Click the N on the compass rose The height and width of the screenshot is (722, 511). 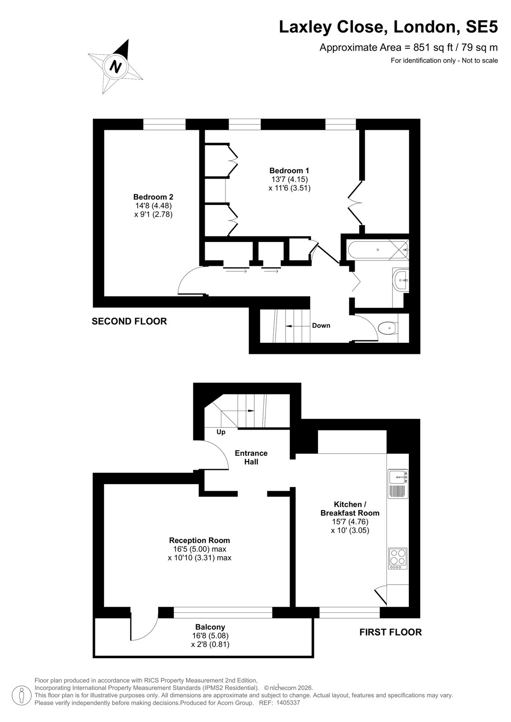click(x=115, y=66)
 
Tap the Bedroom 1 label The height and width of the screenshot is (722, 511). click(x=289, y=171)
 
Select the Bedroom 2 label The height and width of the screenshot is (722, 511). click(x=153, y=197)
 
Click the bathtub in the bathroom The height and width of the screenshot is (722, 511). click(x=378, y=250)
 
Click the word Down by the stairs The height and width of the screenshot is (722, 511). click(x=321, y=325)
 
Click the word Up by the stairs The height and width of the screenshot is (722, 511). click(x=221, y=432)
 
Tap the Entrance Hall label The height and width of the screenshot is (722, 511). click(x=251, y=458)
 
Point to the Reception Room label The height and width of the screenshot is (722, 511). click(x=200, y=540)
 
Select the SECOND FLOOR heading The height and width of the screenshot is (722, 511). click(x=129, y=321)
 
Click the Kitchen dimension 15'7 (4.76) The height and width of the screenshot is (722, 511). click(x=350, y=522)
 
